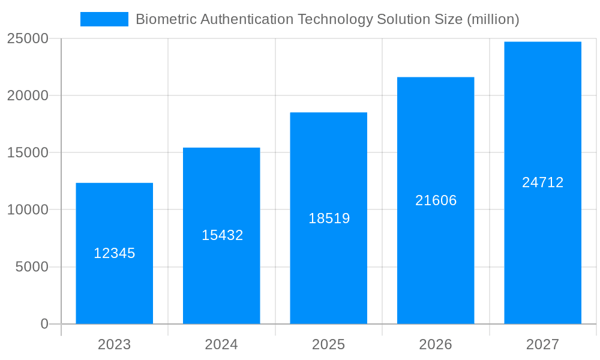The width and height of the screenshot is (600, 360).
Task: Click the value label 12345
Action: tap(114, 253)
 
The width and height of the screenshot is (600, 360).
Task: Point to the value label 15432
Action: tap(222, 235)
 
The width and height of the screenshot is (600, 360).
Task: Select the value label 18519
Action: tap(329, 218)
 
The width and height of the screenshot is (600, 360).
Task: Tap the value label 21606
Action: tap(436, 200)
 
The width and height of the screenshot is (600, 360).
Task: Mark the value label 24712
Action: tap(542, 182)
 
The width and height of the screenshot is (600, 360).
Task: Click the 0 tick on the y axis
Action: tap(44, 324)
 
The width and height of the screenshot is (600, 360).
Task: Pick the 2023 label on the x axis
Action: tap(114, 344)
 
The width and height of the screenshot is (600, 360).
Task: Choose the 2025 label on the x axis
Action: tap(328, 344)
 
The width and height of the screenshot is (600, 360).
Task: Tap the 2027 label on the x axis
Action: tap(542, 344)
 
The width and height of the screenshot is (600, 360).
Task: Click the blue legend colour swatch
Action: tap(104, 19)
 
